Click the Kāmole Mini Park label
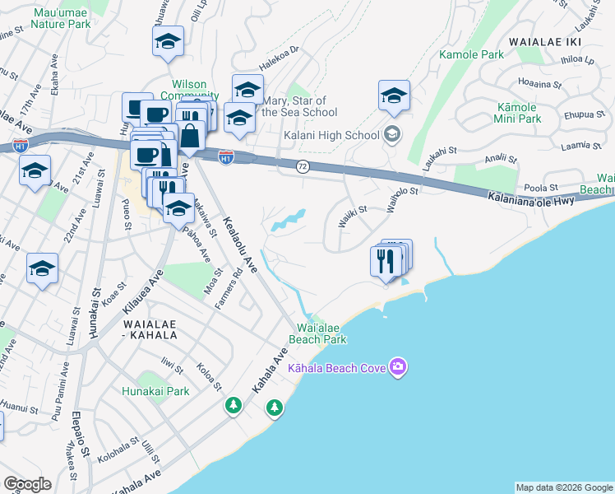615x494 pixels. tap(517, 113)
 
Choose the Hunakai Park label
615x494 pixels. tap(155, 391)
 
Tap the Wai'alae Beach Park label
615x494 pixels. tap(317, 333)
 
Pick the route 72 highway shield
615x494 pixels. tap(303, 166)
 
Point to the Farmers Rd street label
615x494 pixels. tap(239, 287)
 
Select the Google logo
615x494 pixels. tap(27, 484)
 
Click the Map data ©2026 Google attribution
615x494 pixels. tap(564, 487)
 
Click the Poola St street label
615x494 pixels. tap(542, 188)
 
